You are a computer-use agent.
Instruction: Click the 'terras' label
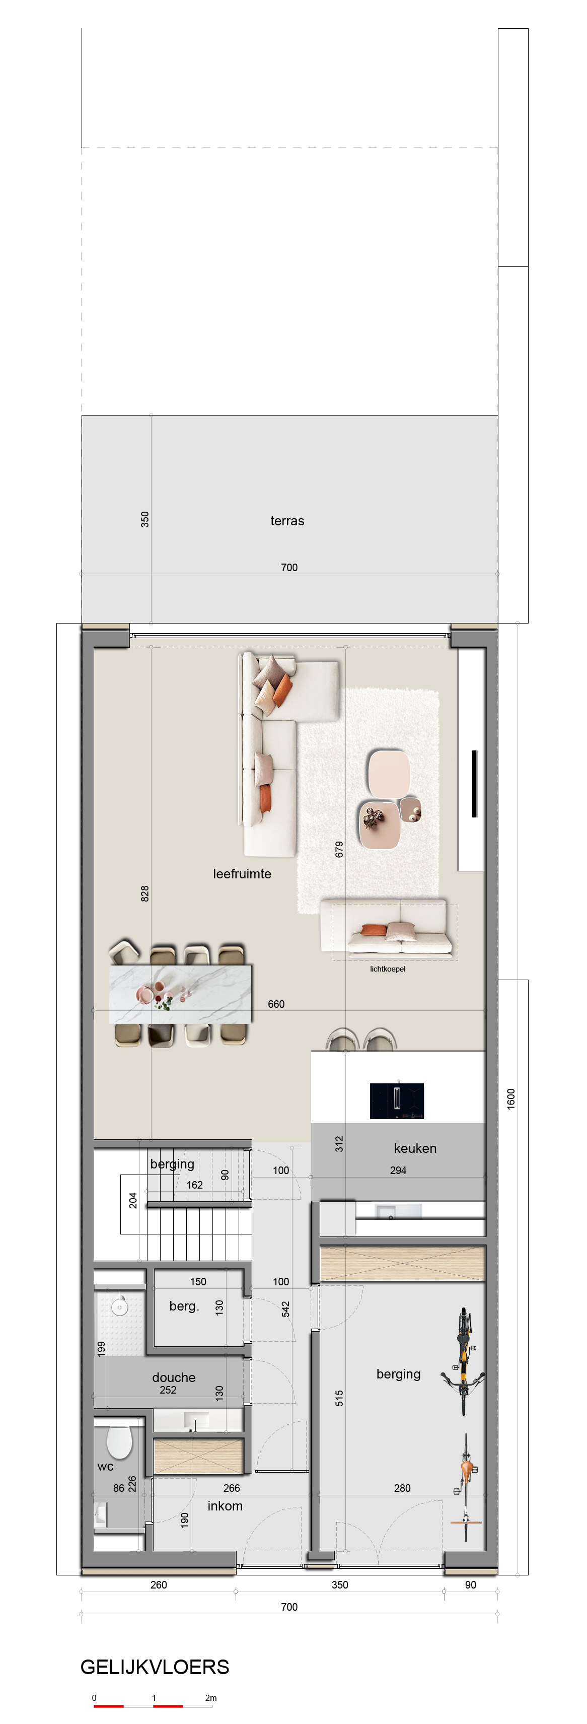[x=287, y=521]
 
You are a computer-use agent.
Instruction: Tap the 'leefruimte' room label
[x=242, y=873]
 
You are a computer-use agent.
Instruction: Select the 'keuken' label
[x=415, y=1148]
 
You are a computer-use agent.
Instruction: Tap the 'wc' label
[x=105, y=1466]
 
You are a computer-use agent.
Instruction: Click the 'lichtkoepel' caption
[x=388, y=969]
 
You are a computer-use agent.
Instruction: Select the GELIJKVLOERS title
[x=155, y=1667]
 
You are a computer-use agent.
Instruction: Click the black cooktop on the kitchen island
[x=397, y=1100]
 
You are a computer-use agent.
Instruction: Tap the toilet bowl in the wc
[x=119, y=1441]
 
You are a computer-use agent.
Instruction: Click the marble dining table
[x=181, y=993]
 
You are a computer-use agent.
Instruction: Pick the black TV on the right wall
[x=475, y=783]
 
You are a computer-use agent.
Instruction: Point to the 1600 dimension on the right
[x=510, y=1098]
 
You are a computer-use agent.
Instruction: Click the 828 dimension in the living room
[x=144, y=893]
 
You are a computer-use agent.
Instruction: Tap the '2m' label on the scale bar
[x=211, y=1697]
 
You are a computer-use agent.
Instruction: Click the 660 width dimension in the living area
[x=276, y=1004]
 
